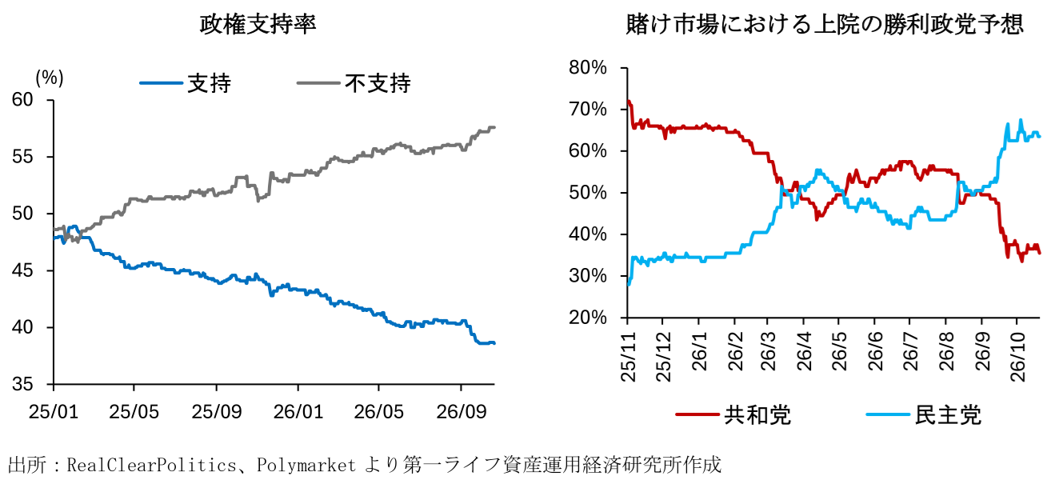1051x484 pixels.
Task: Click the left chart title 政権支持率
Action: click(x=258, y=25)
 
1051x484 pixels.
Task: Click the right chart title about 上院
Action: click(x=825, y=25)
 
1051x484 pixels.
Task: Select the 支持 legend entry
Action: click(x=186, y=83)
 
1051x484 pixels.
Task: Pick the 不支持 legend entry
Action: click(x=354, y=83)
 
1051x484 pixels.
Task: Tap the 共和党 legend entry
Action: click(x=733, y=415)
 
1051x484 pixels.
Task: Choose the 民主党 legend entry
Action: click(x=924, y=415)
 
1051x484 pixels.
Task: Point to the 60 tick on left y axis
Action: click(x=22, y=99)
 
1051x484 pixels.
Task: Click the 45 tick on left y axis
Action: click(x=22, y=270)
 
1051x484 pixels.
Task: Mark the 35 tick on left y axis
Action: click(x=22, y=385)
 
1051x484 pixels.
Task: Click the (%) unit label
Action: click(x=50, y=78)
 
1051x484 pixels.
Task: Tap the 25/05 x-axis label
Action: click(x=134, y=412)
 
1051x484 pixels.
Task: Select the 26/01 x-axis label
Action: click(x=298, y=412)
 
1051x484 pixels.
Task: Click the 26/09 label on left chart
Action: click(x=462, y=412)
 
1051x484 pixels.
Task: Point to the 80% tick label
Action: click(x=588, y=68)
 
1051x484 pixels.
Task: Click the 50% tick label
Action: click(x=588, y=193)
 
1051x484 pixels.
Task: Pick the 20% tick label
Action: click(x=588, y=318)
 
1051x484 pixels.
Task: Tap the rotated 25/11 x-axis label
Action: click(x=628, y=357)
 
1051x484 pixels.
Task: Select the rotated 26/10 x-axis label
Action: click(x=1017, y=357)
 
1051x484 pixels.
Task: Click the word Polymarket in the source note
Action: click(x=306, y=466)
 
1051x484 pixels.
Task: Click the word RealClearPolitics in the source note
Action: click(x=151, y=466)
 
